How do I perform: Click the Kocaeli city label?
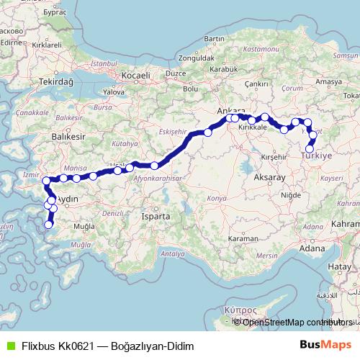135,76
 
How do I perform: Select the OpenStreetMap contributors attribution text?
298,322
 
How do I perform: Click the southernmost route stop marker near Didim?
49,225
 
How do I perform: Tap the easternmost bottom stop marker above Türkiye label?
310,149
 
